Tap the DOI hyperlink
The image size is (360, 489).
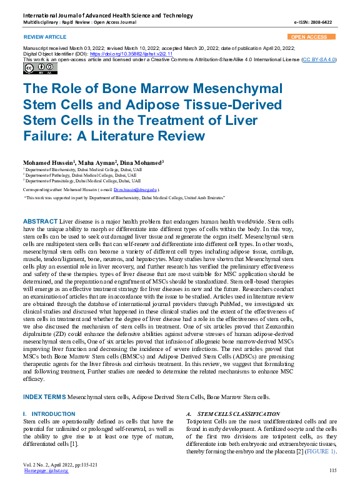coord(119,54)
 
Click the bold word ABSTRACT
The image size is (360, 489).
coord(39,222)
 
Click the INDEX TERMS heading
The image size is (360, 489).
coord(44,397)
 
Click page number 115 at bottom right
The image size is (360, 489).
coord(332,470)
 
